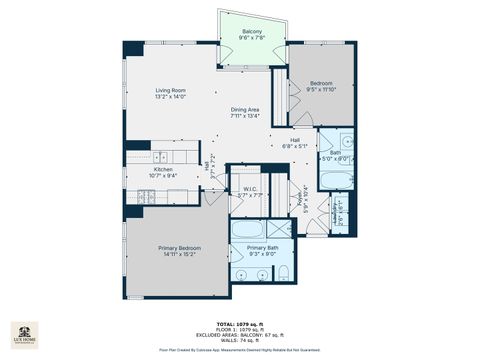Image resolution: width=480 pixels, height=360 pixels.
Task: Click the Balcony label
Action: [252, 34]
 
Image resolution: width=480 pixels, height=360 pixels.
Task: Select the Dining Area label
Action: [246, 111]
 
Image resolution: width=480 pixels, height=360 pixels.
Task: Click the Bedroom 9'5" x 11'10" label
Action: [322, 83]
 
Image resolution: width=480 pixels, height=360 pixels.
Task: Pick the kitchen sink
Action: [162, 157]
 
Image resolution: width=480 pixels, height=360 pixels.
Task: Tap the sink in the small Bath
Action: [345, 141]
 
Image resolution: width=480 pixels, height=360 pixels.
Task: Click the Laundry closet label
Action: [343, 213]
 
